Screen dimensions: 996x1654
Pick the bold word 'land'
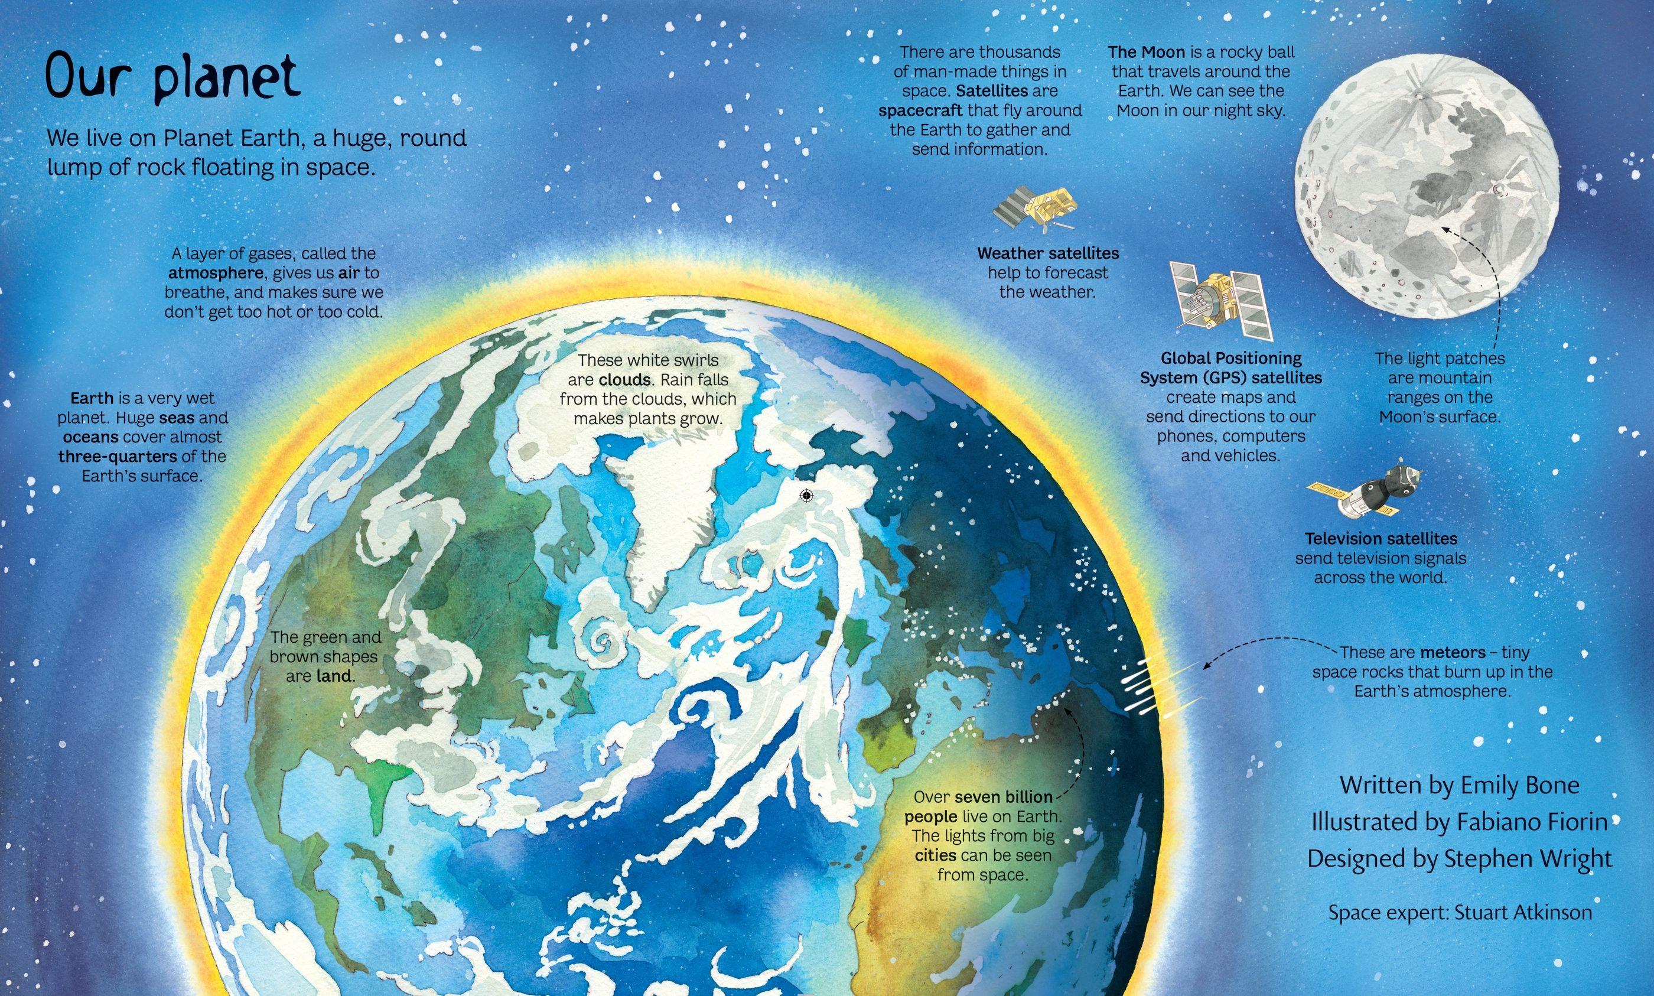(334, 676)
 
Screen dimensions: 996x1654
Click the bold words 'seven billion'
(1004, 798)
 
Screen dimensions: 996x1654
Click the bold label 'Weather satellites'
(1047, 253)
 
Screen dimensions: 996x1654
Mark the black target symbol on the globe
(806, 495)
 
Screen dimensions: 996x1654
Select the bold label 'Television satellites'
(1381, 539)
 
